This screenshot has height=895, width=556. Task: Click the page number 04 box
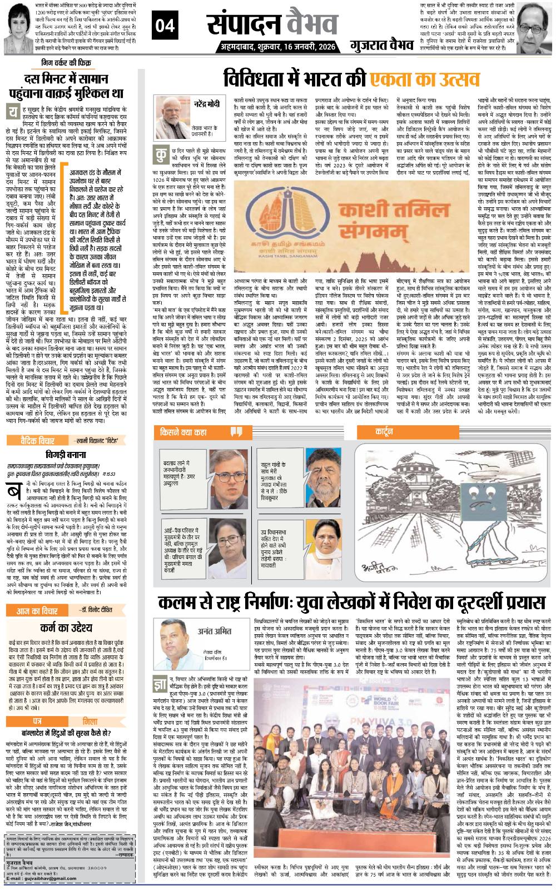(167, 26)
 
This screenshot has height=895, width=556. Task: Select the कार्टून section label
(384, 431)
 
